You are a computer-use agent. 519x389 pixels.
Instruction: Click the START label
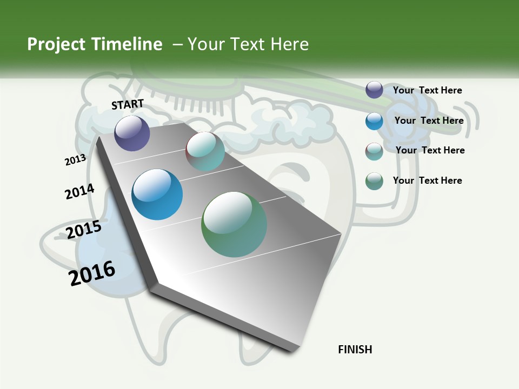[128, 104]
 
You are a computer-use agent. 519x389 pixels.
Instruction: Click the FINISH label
[355, 350]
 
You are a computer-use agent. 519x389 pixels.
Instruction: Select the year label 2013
[75, 160]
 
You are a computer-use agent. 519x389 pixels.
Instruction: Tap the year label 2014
[79, 191]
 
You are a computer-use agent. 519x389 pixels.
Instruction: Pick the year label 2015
[83, 230]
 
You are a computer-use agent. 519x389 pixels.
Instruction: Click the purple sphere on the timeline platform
[132, 133]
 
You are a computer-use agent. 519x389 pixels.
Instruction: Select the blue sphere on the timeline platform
[157, 194]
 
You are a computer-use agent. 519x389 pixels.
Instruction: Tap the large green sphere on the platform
[234, 224]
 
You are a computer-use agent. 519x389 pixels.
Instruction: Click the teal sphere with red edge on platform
[205, 151]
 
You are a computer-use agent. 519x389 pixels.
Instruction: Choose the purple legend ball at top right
[374, 90]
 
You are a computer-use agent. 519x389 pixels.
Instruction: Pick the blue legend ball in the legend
[374, 121]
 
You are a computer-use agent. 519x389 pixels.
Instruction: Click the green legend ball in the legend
[374, 181]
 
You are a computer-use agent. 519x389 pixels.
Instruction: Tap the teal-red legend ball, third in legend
[374, 151]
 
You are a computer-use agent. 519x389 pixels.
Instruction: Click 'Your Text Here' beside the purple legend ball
[427, 90]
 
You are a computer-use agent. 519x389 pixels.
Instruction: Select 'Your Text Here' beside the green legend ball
[427, 180]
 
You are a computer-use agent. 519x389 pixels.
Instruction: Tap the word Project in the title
[57, 44]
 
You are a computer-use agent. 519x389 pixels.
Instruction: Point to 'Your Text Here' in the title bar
[248, 44]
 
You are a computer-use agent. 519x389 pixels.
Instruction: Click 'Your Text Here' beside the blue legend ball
[429, 120]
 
